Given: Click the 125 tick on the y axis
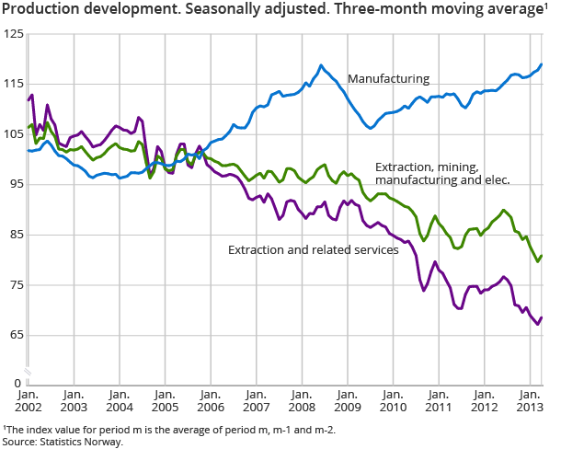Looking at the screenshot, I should (13, 34).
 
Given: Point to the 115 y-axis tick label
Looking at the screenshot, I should (13, 85).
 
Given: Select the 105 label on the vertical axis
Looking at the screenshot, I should (13, 134).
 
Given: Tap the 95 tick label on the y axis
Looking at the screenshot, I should (16, 185).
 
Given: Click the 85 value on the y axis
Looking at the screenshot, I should (16, 235).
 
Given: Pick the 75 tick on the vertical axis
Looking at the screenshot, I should (16, 285).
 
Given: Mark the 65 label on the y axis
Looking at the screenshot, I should (16, 335).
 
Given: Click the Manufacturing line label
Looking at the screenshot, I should (388, 79).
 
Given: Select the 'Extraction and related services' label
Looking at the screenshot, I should (312, 249).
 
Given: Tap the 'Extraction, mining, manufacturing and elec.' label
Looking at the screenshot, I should (442, 174).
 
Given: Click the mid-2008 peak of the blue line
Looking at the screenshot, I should (321, 65).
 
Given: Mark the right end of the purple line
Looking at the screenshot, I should (542, 317).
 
